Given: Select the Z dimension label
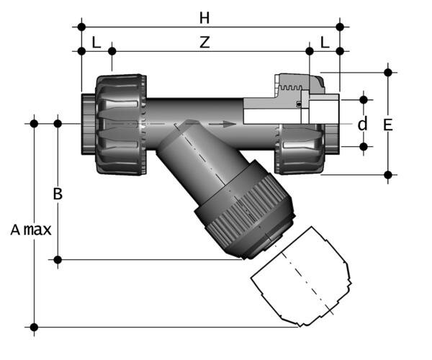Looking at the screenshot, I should pyautogui.click(x=204, y=42).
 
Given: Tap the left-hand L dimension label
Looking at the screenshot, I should pyautogui.click(x=96, y=42).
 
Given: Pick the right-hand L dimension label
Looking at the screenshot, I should pyautogui.click(x=325, y=42).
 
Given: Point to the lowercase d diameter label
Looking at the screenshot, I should pyautogui.click(x=362, y=124).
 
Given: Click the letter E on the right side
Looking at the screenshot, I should pyautogui.click(x=387, y=125).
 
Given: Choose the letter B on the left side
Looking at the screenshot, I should pyautogui.click(x=58, y=193).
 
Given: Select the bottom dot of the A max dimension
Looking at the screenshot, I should pyautogui.click(x=34, y=327).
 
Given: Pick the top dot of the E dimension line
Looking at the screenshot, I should pyautogui.click(x=388, y=72).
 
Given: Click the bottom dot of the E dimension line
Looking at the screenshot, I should pyautogui.click(x=388, y=174).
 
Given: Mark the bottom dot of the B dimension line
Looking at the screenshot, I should pyautogui.click(x=58, y=258).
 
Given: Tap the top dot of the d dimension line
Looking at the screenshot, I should pyautogui.click(x=363, y=98).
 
